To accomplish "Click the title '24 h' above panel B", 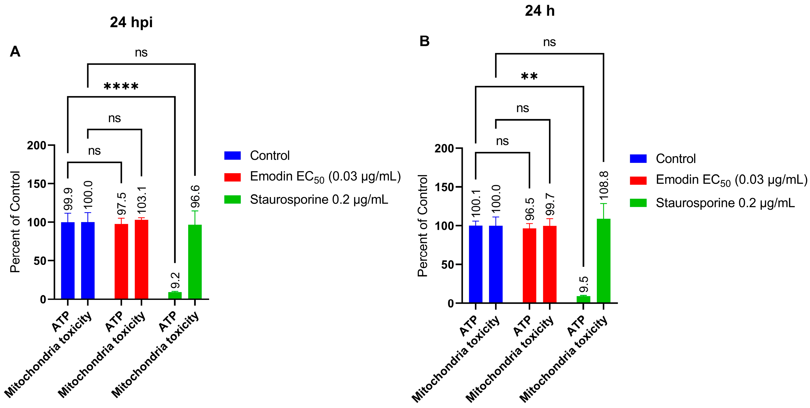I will [540, 11].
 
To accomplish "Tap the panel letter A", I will [15, 51].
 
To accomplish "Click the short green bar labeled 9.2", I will [175, 295].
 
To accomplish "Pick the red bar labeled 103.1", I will [142, 259].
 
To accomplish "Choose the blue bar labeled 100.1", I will [475, 264].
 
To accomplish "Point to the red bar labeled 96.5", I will [530, 266].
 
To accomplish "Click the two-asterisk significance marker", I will [529, 76].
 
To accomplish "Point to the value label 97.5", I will [122, 204].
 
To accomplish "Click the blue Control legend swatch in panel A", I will [232, 155].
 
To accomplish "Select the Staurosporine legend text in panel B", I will [725, 203].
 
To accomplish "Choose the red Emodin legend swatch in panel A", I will [232, 177].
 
